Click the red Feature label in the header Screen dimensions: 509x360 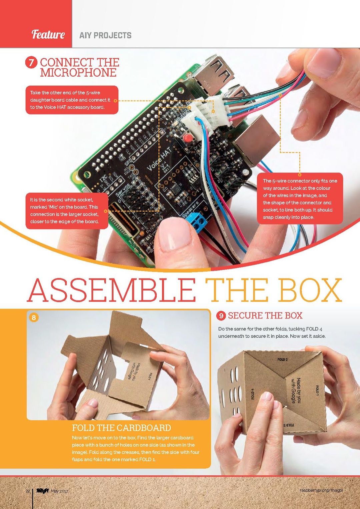click(48, 34)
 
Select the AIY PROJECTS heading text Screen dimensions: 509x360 click(105, 35)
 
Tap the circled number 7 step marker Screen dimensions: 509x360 click(31, 62)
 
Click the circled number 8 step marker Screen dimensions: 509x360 click(34, 317)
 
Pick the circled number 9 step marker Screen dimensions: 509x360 click(221, 315)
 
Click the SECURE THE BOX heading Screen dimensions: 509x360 click(265, 315)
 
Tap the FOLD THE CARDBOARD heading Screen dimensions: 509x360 click(121, 428)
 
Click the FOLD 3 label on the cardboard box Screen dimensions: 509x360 click(282, 359)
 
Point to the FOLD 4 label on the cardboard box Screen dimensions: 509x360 click(253, 394)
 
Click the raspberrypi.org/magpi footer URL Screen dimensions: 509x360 click(321, 490)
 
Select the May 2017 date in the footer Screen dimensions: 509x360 click(59, 491)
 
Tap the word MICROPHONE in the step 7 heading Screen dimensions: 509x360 click(78, 73)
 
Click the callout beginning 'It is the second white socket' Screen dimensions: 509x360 click(67, 211)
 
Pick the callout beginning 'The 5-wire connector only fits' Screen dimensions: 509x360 click(300, 199)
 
